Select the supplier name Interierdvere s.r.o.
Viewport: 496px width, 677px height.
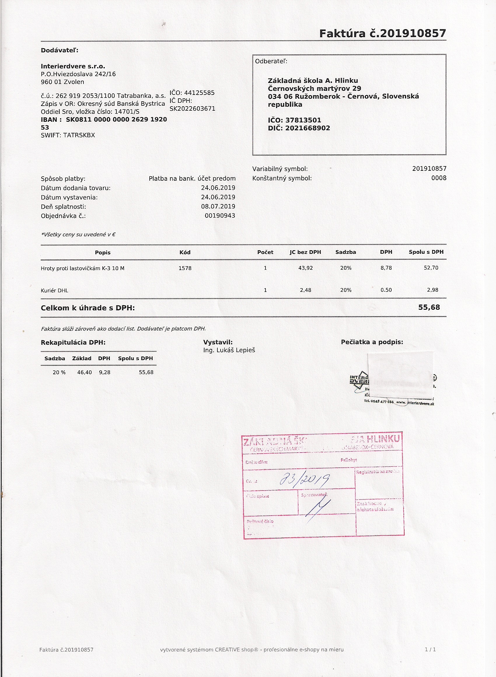tap(73, 66)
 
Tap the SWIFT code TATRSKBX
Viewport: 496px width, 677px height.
tap(79, 135)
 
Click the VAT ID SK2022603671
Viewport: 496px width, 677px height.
tap(192, 108)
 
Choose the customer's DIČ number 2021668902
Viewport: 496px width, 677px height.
tap(308, 128)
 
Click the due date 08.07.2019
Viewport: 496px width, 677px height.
tap(218, 206)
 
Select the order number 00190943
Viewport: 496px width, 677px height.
tap(220, 216)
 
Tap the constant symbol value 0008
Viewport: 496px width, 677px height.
tap(439, 178)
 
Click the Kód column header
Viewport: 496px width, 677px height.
tap(185, 252)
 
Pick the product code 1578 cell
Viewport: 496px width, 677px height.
tap(185, 268)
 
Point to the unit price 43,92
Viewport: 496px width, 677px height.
tap(305, 268)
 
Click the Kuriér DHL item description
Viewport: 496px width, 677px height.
tap(55, 290)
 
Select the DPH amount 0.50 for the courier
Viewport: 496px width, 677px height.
tap(386, 290)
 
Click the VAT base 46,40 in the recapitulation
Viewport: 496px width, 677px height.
tap(84, 372)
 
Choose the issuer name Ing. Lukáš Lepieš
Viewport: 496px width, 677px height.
tap(229, 350)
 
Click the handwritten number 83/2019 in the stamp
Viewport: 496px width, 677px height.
tap(304, 480)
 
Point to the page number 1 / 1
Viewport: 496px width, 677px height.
tap(430, 649)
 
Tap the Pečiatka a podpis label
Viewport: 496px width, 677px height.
tap(372, 342)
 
